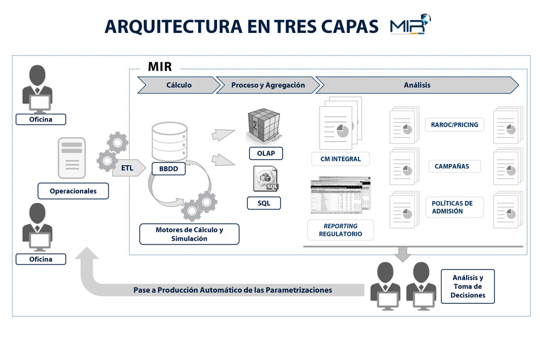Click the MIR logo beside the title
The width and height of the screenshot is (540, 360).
coord(410,24)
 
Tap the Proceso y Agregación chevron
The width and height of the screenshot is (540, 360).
coord(268,85)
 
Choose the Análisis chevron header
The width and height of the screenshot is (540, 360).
coord(417,85)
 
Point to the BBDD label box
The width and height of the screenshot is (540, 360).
coord(168,168)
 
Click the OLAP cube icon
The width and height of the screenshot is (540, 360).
coord(264,125)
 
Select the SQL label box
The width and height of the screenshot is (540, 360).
coord(264,203)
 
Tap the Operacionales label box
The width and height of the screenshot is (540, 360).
coord(73,191)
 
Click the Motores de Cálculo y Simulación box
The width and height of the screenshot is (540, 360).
coord(189,234)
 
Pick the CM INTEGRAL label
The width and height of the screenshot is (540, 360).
coord(341,159)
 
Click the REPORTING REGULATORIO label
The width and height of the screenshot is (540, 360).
coord(340,230)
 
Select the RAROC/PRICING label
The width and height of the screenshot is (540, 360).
coord(455,125)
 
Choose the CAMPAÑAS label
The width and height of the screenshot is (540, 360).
coord(452,166)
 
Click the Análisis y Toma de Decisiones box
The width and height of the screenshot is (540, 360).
coord(468,287)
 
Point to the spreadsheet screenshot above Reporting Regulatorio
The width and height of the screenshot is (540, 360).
coord(340,195)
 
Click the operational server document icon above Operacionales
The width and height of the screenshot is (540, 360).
coord(72,158)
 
